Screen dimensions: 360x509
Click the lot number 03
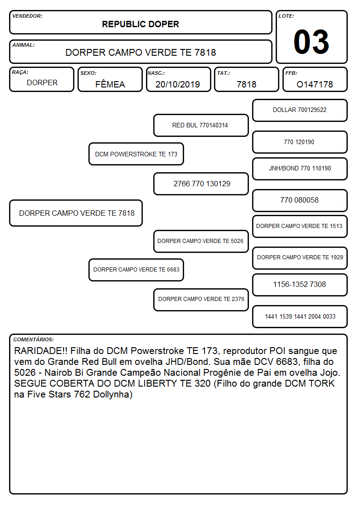311,42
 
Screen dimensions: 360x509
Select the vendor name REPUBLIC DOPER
141,24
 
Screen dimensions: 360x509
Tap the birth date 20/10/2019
178,84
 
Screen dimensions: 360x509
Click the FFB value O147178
315,84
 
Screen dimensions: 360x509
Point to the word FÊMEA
110,84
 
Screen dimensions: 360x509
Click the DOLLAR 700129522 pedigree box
300,111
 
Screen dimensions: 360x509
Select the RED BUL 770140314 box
201,125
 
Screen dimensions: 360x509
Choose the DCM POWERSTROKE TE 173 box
136,154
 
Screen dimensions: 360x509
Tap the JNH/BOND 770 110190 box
300,169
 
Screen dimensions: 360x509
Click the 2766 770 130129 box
201,184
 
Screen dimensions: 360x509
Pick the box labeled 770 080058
300,200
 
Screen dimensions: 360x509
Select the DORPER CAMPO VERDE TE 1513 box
300,226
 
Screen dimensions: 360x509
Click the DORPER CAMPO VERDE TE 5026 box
201,241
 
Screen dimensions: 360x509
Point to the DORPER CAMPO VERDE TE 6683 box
136,270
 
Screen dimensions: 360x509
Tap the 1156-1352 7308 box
300,285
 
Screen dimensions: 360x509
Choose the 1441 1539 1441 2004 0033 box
300,316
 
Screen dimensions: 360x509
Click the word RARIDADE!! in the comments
40,351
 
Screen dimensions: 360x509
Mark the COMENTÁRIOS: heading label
34,339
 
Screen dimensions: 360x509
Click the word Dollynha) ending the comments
112,394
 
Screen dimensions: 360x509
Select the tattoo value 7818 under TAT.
246,84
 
